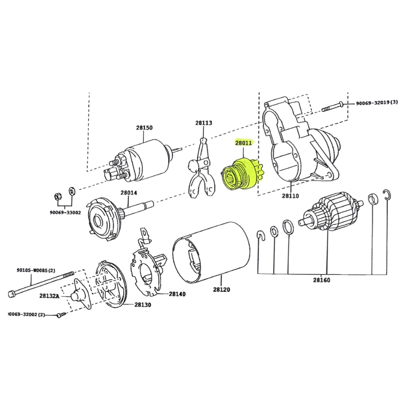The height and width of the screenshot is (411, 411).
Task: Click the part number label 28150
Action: coord(144,127)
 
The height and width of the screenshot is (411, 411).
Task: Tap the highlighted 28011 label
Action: coord(243,143)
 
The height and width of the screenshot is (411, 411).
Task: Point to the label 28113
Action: coord(204,123)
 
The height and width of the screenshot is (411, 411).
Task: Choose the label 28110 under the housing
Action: coord(290,196)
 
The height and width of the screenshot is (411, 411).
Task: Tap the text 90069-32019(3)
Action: coord(377,102)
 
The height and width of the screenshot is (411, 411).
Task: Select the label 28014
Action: coord(129,193)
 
